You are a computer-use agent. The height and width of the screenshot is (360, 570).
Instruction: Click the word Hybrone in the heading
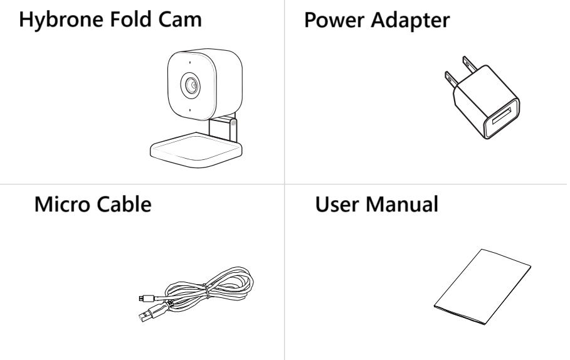[56, 21]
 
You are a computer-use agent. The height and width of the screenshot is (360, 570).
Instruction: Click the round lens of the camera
[188, 86]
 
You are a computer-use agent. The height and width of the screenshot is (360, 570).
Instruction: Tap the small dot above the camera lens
[187, 63]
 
